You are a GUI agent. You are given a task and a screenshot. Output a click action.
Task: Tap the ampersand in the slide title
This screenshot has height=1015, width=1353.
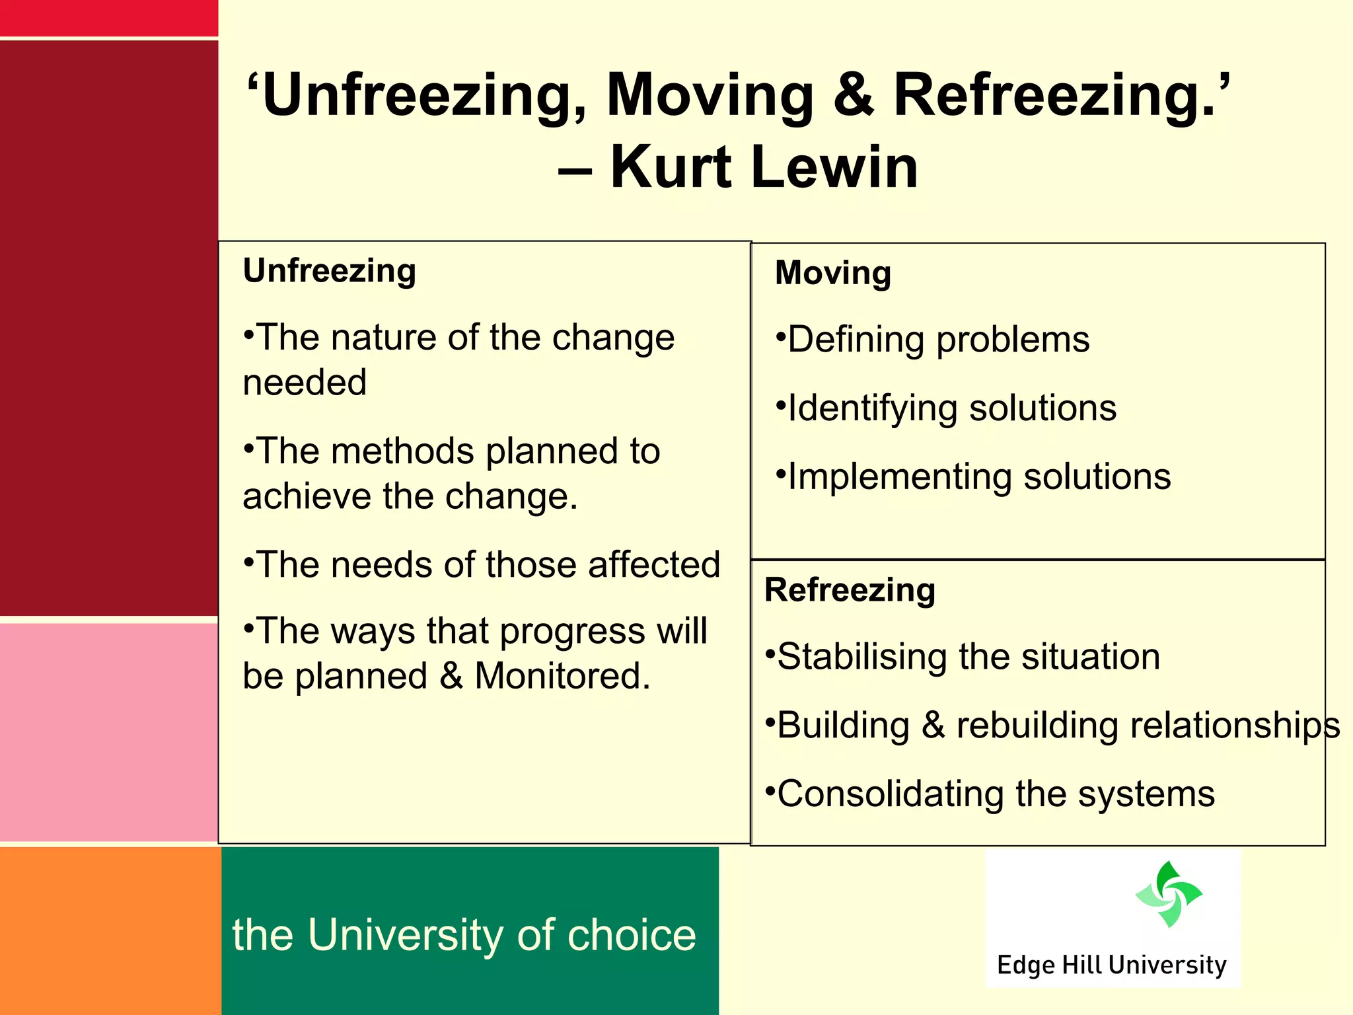(x=854, y=94)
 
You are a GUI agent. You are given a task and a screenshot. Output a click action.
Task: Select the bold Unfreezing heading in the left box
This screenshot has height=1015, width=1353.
(x=330, y=270)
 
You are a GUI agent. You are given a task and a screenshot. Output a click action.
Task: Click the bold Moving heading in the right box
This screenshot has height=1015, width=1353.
(x=833, y=272)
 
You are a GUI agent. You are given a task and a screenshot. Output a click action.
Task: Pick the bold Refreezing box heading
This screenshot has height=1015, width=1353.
(x=850, y=589)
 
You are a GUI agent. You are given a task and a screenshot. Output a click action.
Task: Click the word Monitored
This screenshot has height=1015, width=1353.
(x=562, y=676)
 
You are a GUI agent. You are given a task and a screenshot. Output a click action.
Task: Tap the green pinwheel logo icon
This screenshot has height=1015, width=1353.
(x=1169, y=894)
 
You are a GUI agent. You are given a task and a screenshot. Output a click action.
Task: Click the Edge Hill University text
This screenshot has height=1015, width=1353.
(x=1111, y=965)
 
